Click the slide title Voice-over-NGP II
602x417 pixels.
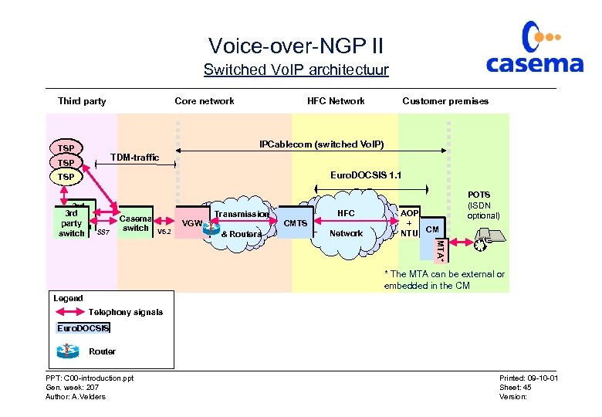click(296, 46)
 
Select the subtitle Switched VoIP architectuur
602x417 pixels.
click(296, 70)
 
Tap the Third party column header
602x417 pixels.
click(82, 101)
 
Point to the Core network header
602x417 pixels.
click(205, 101)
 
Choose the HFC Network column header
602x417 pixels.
click(336, 101)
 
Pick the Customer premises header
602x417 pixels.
click(445, 101)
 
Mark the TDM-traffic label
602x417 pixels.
click(134, 158)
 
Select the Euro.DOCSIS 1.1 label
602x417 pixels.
click(366, 175)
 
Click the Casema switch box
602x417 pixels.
click(135, 222)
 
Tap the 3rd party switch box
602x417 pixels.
click(72, 222)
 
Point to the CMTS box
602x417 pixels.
click(296, 223)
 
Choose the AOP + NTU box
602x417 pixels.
click(409, 222)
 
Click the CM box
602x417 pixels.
click(433, 229)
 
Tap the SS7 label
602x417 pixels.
click(103, 232)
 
